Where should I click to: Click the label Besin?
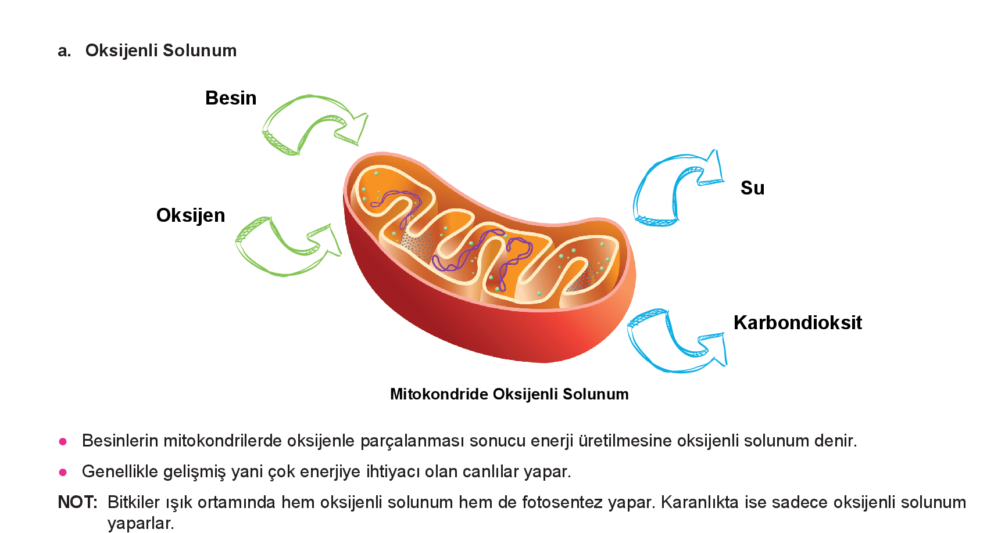(231, 98)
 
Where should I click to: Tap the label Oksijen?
(191, 215)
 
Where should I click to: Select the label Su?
(752, 188)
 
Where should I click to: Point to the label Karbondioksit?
(798, 323)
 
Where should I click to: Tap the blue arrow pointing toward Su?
(674, 186)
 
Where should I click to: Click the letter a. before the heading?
(64, 51)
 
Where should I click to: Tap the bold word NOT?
(77, 502)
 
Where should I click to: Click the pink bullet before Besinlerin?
(63, 442)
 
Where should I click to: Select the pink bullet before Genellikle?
(63, 473)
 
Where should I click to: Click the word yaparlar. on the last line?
(141, 523)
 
